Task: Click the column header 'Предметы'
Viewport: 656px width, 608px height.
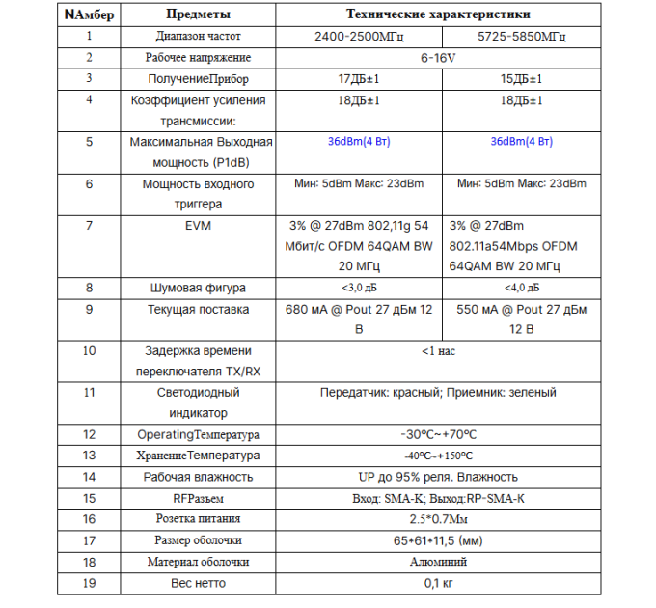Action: (198, 14)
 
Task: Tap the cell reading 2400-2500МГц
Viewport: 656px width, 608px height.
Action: (358, 37)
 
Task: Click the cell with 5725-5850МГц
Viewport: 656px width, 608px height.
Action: (521, 37)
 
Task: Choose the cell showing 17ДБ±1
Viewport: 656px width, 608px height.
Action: (358, 79)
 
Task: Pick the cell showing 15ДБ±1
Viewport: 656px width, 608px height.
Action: (521, 79)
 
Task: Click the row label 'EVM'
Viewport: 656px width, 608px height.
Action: (198, 225)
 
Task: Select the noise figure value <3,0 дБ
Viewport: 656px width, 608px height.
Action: (358, 288)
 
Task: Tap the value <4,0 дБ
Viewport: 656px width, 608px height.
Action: (521, 288)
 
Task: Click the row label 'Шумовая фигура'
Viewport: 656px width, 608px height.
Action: (198, 288)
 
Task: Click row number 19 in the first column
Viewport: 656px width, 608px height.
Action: (89, 583)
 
